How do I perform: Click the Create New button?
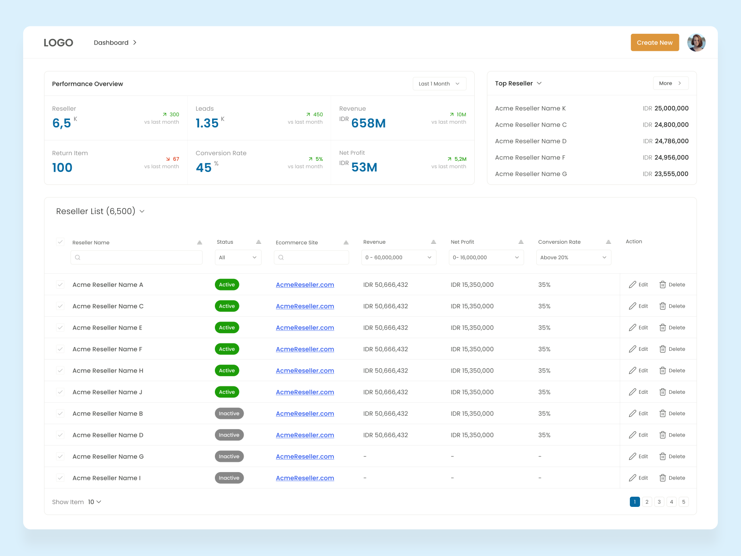(654, 43)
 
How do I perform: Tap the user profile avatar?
(696, 43)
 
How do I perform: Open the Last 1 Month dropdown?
(439, 84)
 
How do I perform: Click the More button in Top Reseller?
(670, 83)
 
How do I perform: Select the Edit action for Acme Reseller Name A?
(638, 284)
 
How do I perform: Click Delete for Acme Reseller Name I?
(672, 478)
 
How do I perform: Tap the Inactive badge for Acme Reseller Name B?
(229, 413)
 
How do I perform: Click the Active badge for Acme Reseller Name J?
(227, 392)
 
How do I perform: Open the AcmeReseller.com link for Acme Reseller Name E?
(305, 328)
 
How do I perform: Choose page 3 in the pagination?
(659, 502)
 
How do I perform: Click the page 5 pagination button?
(684, 502)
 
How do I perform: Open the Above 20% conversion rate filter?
(573, 258)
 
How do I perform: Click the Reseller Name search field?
(137, 258)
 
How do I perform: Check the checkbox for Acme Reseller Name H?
(60, 370)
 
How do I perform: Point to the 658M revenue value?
(368, 123)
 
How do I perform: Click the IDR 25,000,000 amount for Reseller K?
(666, 108)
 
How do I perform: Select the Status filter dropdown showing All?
(238, 258)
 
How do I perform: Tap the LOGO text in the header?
(58, 43)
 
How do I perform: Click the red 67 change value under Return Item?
(176, 159)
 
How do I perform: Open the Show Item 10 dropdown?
(94, 502)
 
